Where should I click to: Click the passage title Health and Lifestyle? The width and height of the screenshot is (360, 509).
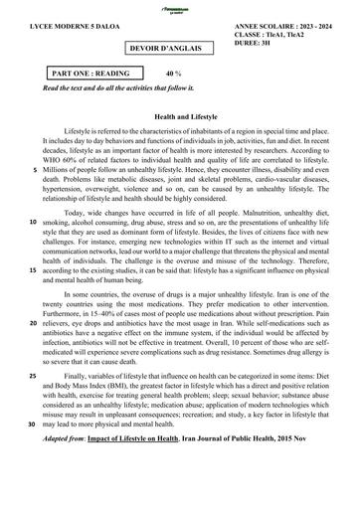tap(179, 116)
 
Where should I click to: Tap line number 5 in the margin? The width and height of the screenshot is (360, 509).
tap(35, 171)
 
